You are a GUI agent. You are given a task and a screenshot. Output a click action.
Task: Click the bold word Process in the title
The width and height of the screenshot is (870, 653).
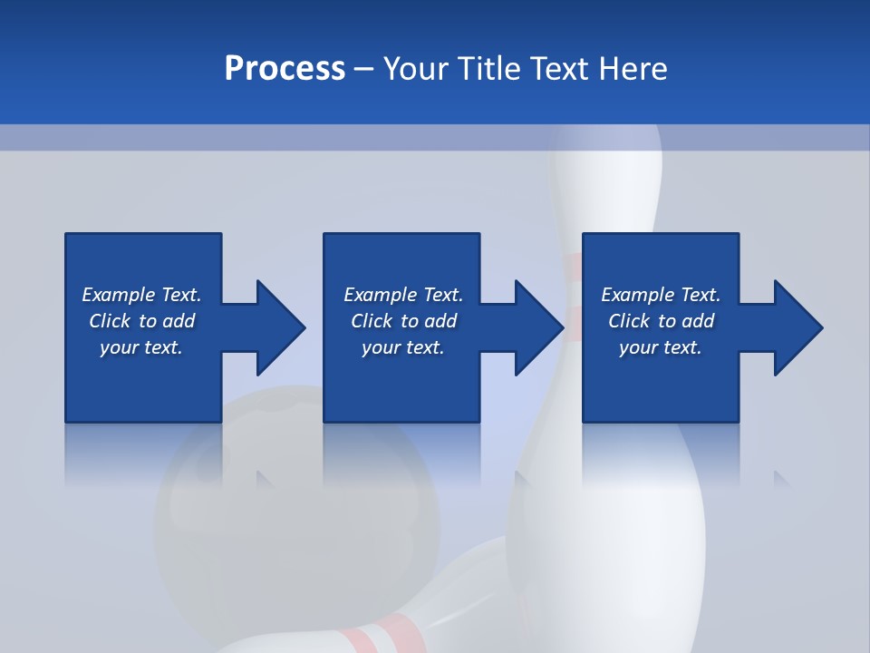285,69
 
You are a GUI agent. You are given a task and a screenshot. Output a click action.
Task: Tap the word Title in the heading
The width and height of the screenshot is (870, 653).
490,69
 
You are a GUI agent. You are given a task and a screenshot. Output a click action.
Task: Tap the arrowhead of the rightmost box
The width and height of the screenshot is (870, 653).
797,327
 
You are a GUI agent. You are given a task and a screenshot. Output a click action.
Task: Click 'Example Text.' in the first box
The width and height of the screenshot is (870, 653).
141,295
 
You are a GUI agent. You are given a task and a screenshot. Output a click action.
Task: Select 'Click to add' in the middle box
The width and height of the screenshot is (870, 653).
403,321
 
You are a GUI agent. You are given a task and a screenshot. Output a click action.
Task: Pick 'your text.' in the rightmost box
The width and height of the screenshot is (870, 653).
660,347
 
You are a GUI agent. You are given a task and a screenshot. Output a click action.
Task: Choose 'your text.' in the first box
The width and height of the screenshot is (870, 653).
141,347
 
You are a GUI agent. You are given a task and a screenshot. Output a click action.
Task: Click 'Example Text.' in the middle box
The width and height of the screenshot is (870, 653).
403,295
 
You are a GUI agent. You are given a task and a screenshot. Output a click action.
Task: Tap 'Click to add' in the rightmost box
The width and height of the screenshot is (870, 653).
661,321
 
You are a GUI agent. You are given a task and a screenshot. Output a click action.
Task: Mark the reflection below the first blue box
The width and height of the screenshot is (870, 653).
142,453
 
